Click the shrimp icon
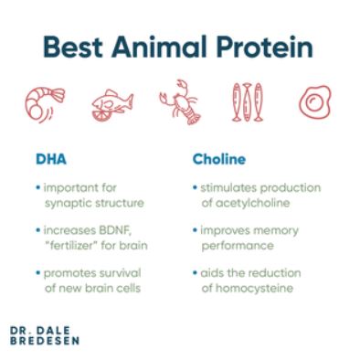pos(43,103)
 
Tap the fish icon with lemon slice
pos(111,105)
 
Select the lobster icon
pos(180,103)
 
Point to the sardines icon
pos(247,103)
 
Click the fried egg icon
pos(314,103)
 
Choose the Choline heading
pos(217,159)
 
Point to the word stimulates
pos(228,187)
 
